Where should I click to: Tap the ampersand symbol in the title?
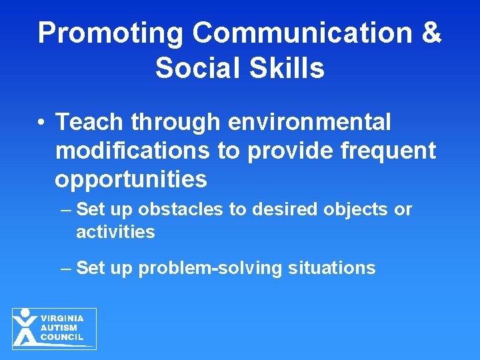[429, 33]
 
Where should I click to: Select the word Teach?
[90, 122]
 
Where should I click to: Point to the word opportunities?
[131, 180]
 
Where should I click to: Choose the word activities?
[115, 232]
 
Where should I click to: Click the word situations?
[332, 268]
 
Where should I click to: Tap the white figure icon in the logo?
[25, 328]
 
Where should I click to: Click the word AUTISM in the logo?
[59, 327]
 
